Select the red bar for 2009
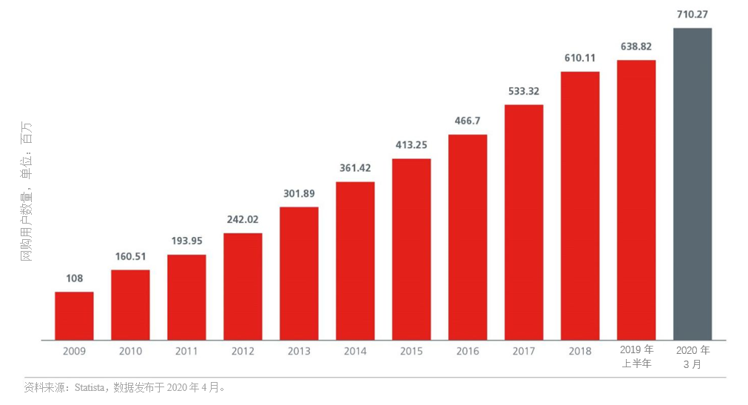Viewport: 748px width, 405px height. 74,316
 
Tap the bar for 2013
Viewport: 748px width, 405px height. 299,273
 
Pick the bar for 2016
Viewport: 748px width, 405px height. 468,237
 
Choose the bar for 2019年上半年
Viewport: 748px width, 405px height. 636,200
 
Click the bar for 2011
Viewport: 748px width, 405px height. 186,297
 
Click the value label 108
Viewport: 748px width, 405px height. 74,278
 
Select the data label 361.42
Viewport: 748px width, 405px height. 355,168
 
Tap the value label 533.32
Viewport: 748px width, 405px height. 524,91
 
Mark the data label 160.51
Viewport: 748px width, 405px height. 130,256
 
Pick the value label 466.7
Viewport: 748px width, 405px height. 468,121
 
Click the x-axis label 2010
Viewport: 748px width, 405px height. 130,351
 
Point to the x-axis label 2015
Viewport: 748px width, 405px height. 411,351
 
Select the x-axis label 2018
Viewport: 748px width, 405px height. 580,351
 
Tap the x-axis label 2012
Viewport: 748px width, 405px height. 243,351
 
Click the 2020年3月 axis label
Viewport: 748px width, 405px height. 693,356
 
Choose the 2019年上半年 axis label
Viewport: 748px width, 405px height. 636,356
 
